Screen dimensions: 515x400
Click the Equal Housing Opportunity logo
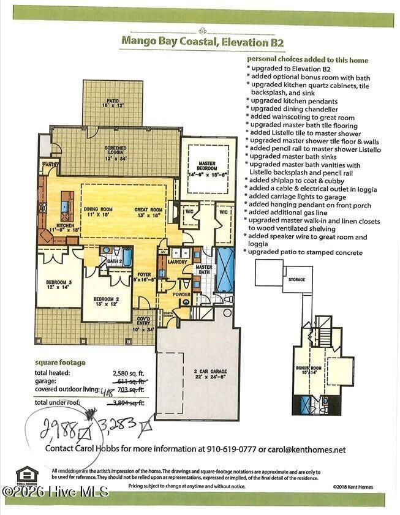27,476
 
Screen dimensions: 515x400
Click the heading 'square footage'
60,362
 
